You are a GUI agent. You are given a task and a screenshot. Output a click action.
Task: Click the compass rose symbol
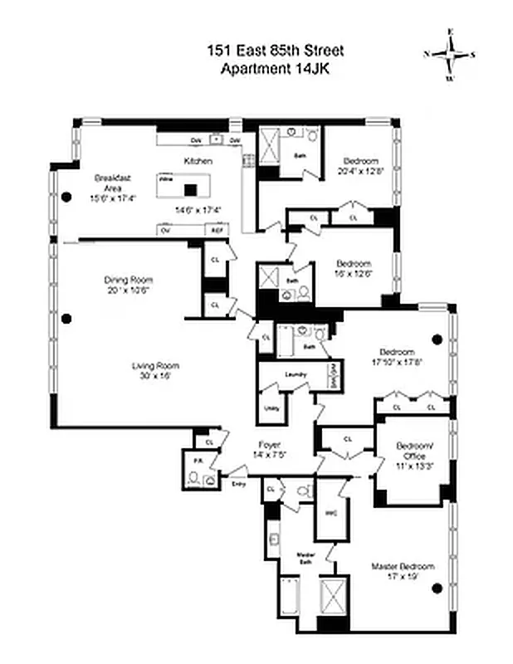[449, 55]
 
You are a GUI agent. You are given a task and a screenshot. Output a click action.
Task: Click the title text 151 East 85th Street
[275, 51]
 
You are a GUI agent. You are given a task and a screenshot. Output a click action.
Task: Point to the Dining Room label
[129, 280]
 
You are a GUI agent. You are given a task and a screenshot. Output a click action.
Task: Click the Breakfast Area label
[110, 183]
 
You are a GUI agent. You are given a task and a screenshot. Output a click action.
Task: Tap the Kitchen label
[198, 161]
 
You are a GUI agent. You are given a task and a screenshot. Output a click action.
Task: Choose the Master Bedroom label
[403, 566]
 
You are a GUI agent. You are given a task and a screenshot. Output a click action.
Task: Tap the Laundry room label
[296, 375]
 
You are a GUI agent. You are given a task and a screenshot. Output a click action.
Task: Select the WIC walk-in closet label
[329, 514]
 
